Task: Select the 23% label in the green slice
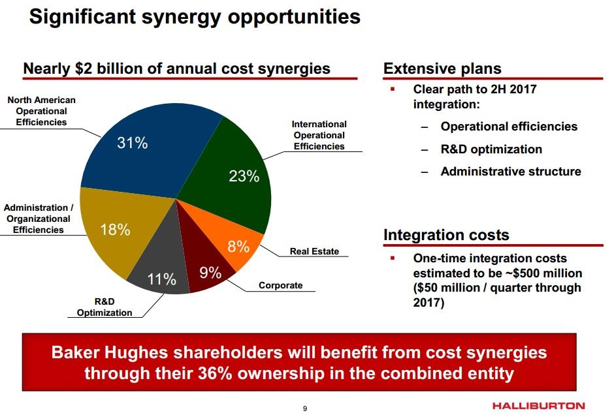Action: point(244,176)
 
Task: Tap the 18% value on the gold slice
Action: point(115,230)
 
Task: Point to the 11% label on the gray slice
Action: point(161,279)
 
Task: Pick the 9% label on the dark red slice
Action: point(210,273)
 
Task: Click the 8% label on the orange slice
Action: point(238,247)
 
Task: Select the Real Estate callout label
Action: point(314,251)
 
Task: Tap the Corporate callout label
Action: point(280,285)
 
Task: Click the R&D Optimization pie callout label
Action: point(105,307)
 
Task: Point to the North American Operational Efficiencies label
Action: point(41,111)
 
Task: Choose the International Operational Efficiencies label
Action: point(319,135)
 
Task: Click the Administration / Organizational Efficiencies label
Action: point(39,219)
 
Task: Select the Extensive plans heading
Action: point(442,69)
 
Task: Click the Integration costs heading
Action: point(446,235)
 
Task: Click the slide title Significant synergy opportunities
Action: point(195,17)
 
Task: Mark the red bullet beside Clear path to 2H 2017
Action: point(393,89)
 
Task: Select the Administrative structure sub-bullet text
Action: point(511,172)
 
